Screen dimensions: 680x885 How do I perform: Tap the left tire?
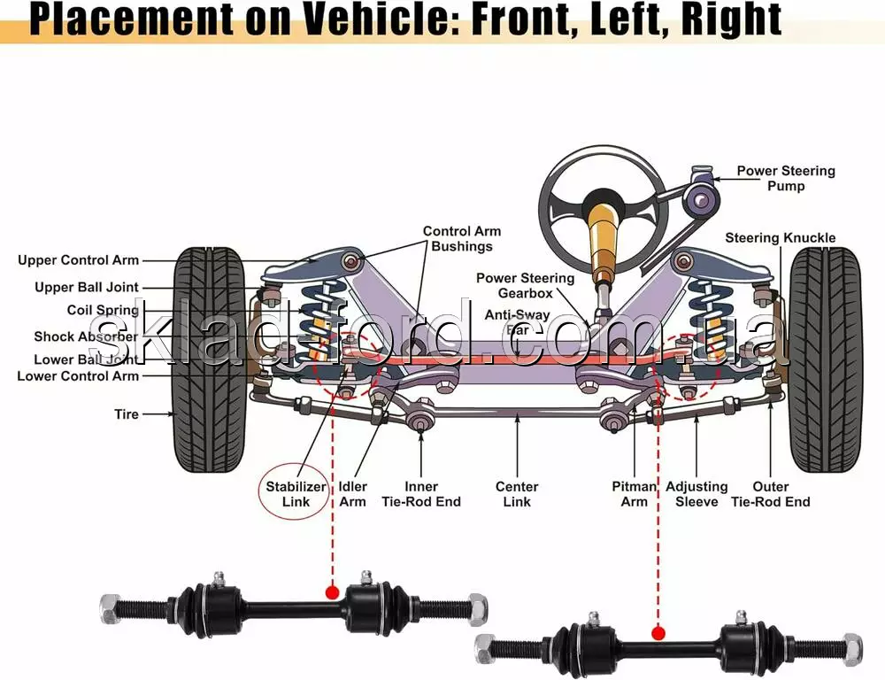(x=210, y=359)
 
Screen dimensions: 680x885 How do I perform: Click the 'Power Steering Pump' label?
(x=786, y=178)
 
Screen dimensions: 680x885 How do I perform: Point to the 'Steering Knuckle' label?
(x=780, y=237)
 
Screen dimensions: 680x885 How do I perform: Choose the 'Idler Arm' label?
(x=353, y=494)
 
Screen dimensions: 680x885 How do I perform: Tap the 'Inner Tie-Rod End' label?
(x=421, y=494)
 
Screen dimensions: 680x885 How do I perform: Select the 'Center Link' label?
(x=517, y=494)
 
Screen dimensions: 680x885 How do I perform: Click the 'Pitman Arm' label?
(x=635, y=494)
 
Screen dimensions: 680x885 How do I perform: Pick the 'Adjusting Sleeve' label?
(x=696, y=494)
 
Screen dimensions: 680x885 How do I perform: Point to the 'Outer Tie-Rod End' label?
(x=770, y=494)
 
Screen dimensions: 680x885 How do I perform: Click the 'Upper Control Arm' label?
(x=79, y=260)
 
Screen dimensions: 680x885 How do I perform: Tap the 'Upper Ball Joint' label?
(x=87, y=287)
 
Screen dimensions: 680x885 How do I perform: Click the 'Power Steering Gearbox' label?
(x=525, y=285)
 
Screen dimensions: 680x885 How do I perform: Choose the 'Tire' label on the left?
(x=127, y=413)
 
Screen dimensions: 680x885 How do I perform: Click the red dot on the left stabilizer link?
(x=332, y=591)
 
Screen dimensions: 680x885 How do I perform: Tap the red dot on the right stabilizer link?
(x=658, y=633)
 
